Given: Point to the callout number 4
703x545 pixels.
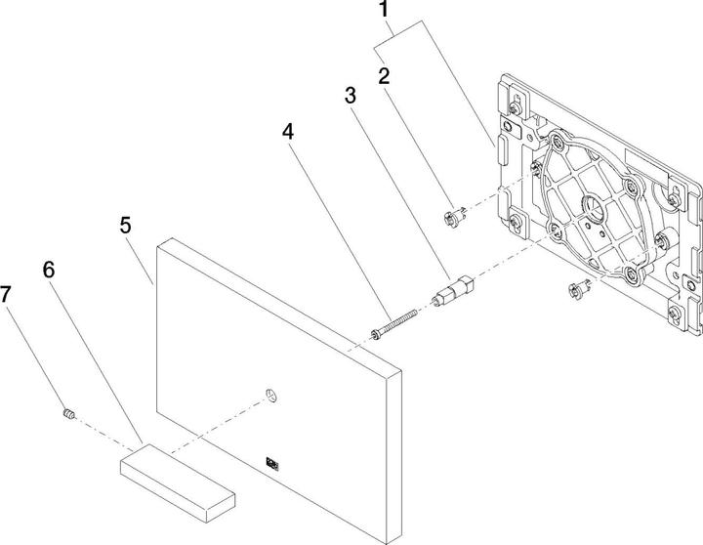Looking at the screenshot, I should click(288, 130).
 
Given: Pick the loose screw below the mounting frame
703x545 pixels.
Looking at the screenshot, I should click(575, 287).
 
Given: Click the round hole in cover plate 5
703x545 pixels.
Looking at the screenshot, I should click(270, 394).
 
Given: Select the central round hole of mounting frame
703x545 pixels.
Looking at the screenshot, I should click(593, 207).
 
